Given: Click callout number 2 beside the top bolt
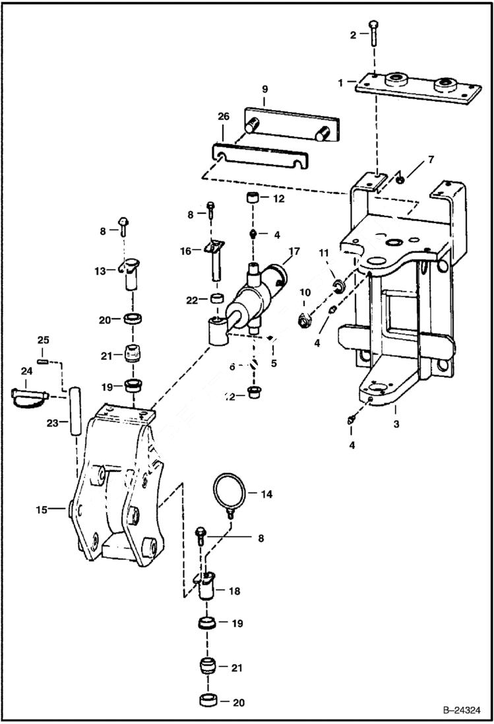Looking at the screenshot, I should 353,35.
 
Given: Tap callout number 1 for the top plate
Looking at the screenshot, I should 341,83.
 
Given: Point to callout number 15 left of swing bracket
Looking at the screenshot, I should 42,509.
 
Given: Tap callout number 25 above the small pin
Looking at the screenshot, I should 43,340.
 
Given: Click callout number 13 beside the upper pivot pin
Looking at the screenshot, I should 100,271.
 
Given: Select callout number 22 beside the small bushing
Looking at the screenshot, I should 191,301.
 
